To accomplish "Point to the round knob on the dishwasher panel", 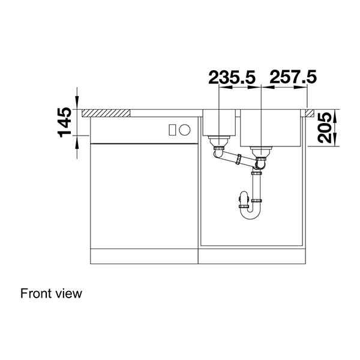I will (185, 129).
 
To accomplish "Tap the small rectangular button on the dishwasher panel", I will (172, 129).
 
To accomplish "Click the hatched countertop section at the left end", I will (107, 112).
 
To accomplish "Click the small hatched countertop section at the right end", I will (310, 112).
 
